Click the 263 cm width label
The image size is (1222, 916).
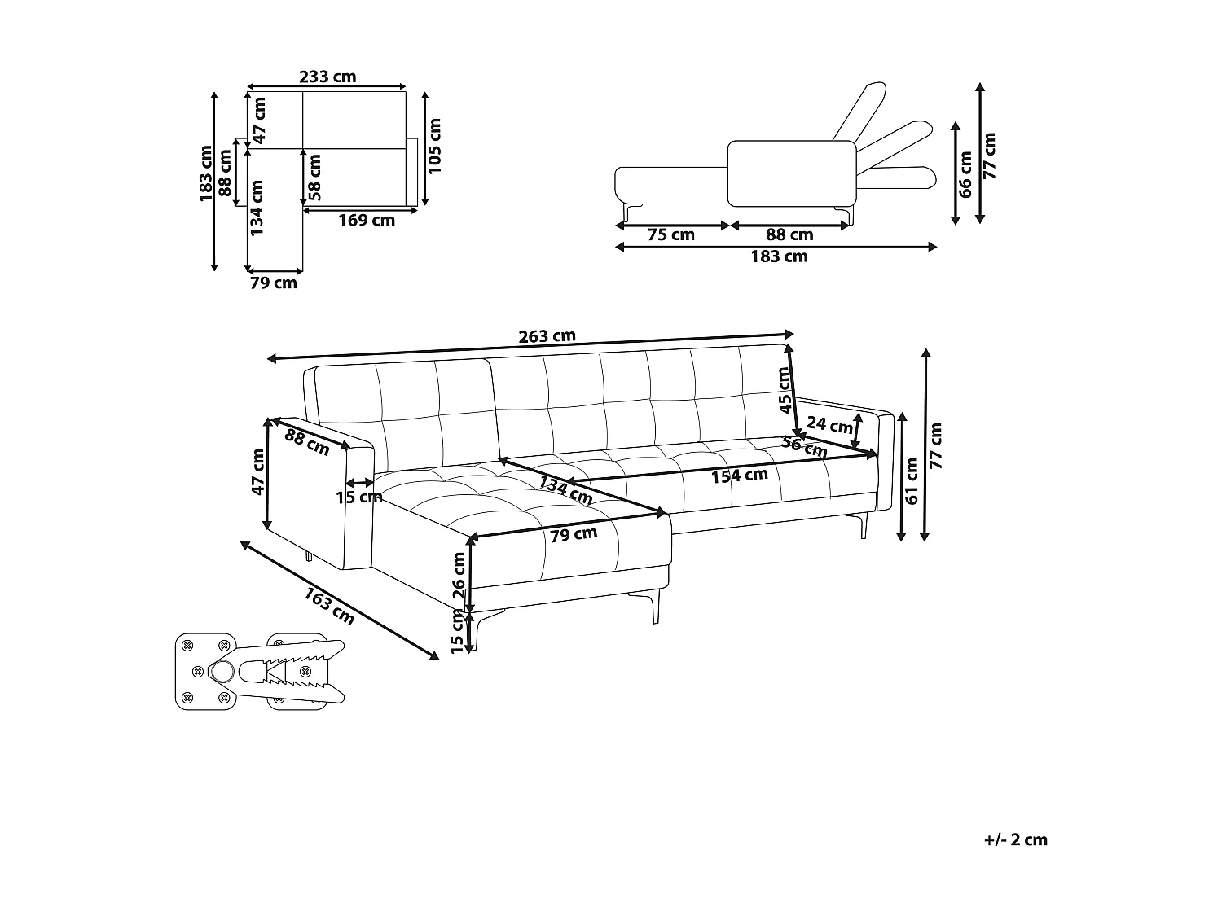(547, 336)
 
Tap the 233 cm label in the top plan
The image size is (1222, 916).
(327, 77)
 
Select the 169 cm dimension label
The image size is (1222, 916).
(366, 220)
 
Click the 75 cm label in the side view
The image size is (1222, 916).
(670, 235)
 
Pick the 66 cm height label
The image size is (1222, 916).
(965, 174)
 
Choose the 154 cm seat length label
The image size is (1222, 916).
(740, 475)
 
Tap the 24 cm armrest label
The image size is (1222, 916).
(829, 424)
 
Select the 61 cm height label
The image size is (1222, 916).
(912, 481)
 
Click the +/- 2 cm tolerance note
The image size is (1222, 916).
(1015, 839)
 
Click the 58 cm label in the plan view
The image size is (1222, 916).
(315, 177)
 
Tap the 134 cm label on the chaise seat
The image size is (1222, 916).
(565, 489)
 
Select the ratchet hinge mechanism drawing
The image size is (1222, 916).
(261, 671)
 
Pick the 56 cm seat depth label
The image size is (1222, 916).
(804, 447)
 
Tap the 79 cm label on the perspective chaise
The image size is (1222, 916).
(574, 535)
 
